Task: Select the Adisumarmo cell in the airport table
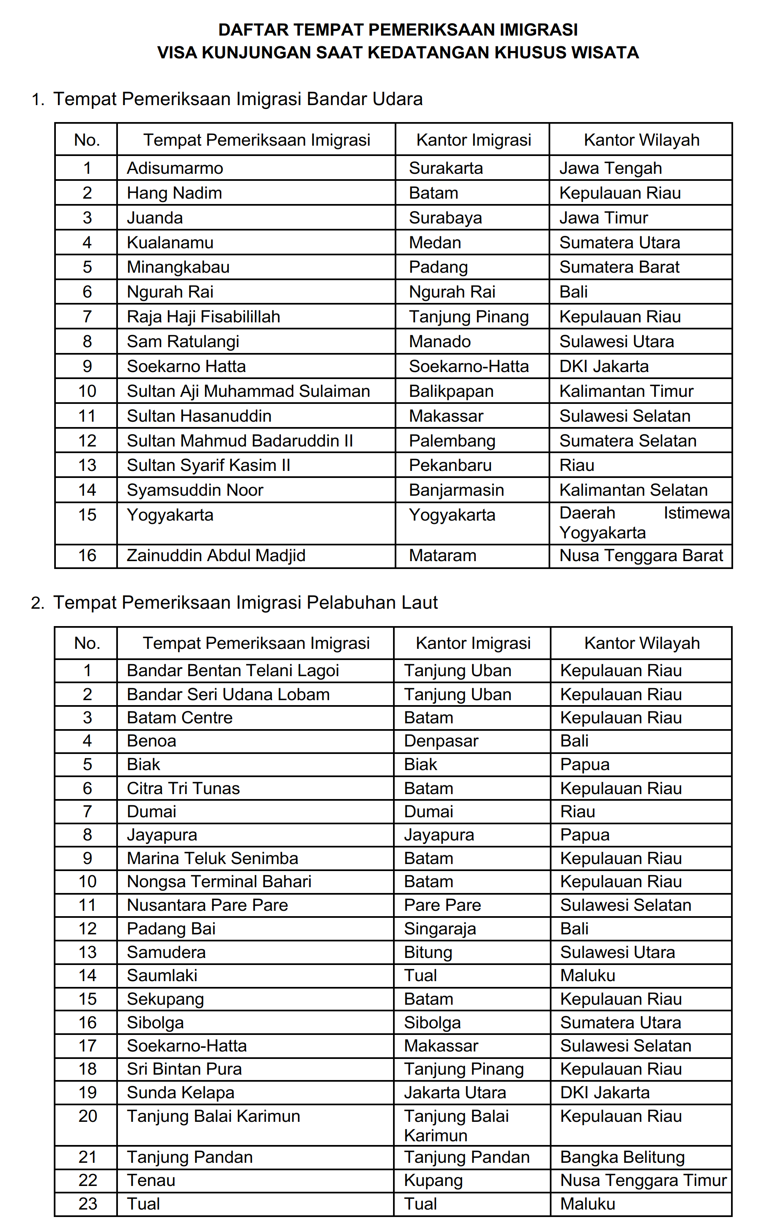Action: point(175,168)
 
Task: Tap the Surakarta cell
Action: point(446,168)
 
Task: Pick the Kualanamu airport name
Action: point(170,242)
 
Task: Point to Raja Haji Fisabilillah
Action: point(203,317)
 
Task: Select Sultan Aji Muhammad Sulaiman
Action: point(248,391)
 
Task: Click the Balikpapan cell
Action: point(451,391)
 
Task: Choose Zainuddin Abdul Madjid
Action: point(216,555)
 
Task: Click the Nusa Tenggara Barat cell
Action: point(641,555)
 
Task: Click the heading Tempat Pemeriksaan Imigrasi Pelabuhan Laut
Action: point(245,603)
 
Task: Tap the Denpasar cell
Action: point(441,741)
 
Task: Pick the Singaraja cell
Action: point(440,929)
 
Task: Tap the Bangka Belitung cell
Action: point(622,1157)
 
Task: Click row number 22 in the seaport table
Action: point(87,1181)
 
